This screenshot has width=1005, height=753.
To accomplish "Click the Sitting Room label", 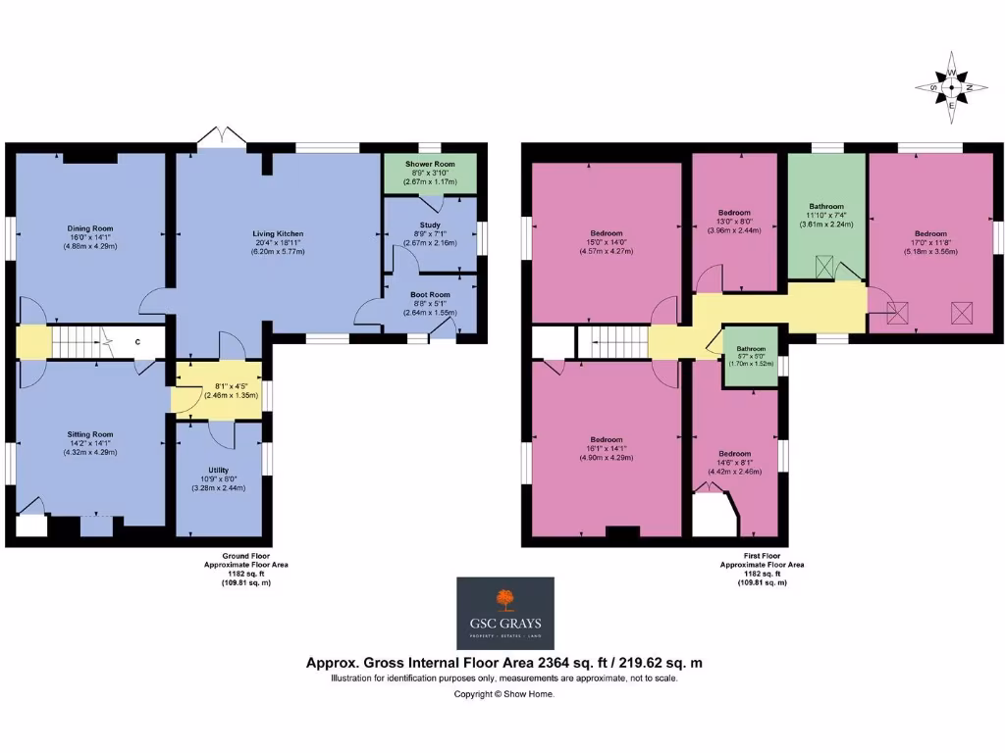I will [x=89, y=433].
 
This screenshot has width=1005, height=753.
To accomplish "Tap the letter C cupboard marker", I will [x=136, y=341].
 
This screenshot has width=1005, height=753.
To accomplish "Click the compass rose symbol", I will [x=950, y=88].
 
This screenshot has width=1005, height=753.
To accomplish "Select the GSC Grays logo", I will [x=505, y=613].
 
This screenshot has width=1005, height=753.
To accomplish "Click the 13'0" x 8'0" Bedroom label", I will [x=734, y=213].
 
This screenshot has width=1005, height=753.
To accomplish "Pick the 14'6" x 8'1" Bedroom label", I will [x=734, y=454].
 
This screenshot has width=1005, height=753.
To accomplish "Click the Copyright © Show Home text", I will [x=503, y=694].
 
